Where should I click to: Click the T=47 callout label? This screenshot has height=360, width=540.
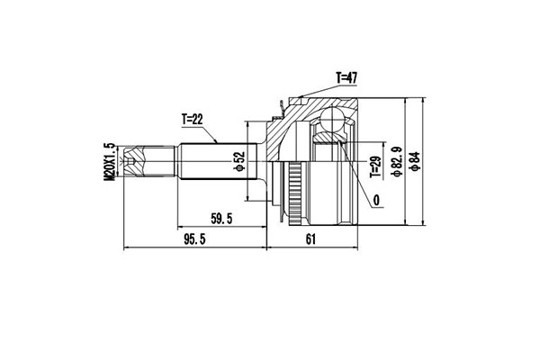coord(346,78)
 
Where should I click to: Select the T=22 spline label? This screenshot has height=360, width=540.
coord(194,118)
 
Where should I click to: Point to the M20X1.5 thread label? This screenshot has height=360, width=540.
coord(110,163)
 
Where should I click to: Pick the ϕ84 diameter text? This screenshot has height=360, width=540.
coord(413,163)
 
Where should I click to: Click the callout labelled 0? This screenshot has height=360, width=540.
coord(375,200)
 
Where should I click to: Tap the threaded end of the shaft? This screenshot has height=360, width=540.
coord(134,163)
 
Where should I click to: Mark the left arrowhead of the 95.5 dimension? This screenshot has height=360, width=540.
coord(126,247)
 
